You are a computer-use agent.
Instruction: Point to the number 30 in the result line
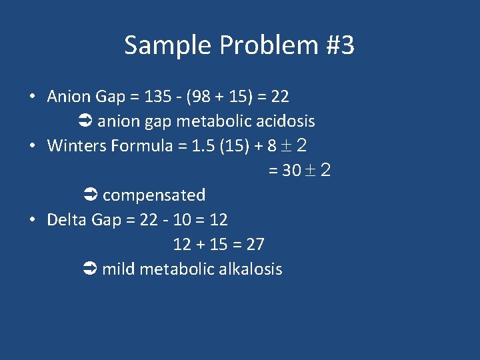click(x=291, y=171)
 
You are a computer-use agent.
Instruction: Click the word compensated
click(x=154, y=195)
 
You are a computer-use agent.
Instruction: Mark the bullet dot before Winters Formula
click(x=32, y=146)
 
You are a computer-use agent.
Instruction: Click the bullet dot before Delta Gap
click(x=32, y=220)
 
